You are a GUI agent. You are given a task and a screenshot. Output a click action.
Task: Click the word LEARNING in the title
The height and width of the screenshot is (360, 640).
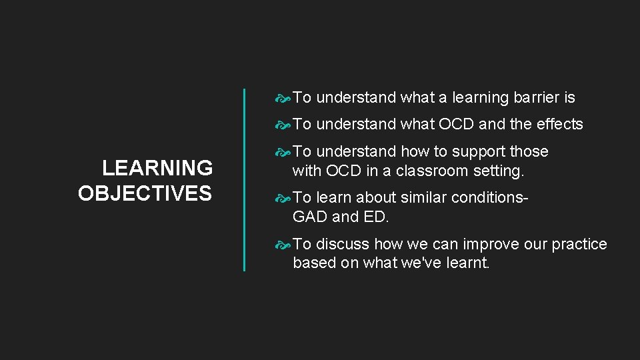[157, 167]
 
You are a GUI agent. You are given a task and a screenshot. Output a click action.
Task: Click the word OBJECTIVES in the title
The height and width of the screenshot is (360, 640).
[145, 193]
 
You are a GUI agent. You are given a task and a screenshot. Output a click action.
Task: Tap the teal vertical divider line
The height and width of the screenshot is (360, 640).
[244, 179]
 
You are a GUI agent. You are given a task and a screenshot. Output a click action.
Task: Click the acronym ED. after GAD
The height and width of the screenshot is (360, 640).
[377, 217]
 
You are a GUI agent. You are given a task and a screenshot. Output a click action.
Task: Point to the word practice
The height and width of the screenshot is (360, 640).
[579, 244]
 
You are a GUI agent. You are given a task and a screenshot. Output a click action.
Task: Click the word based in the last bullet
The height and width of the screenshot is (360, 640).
[314, 263]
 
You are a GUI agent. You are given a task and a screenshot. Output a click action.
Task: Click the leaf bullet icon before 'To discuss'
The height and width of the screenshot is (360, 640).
[283, 245]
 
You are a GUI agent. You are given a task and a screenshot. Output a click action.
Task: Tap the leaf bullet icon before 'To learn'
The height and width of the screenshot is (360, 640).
[283, 198]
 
